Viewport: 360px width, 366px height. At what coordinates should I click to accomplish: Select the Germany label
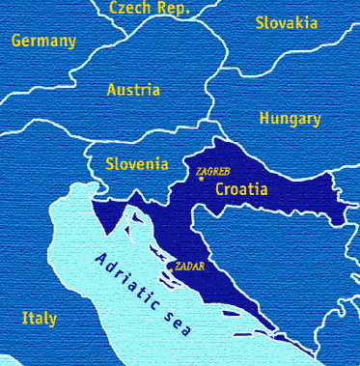pyautogui.click(x=42, y=42)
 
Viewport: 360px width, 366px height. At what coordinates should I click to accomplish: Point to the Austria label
pyautogui.click(x=133, y=89)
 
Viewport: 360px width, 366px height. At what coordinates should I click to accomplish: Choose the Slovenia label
pyautogui.click(x=137, y=163)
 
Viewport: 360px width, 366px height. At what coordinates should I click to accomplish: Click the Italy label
pyautogui.click(x=39, y=318)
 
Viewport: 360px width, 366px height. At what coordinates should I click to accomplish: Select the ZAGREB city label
pyautogui.click(x=211, y=172)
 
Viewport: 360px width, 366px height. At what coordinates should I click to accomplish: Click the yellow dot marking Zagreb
pyautogui.click(x=201, y=180)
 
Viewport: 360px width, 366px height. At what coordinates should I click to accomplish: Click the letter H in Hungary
pyautogui.click(x=264, y=118)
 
